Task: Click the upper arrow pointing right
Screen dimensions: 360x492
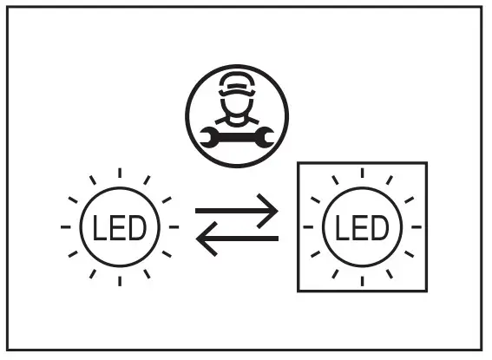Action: pos(236,211)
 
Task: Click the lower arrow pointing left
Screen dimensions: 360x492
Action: pos(236,240)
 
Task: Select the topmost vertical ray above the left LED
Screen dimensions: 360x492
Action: pos(119,173)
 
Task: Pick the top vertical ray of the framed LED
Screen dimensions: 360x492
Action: pos(362,173)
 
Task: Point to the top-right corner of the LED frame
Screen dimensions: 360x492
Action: pos(426,163)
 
